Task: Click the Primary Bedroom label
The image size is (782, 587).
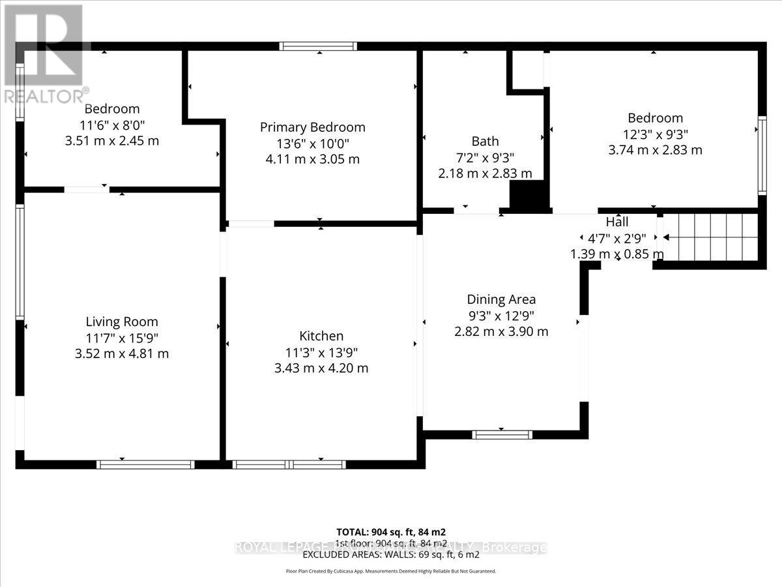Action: tap(312, 127)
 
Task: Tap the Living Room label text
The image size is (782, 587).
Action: tap(122, 322)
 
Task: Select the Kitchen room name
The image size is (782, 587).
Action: tap(321, 336)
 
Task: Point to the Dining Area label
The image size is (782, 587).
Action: tap(501, 299)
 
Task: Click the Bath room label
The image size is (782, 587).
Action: tap(485, 141)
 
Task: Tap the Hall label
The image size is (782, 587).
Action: tap(616, 222)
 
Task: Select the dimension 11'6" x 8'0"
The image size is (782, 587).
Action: tap(112, 125)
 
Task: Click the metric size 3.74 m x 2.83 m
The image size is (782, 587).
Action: tap(655, 149)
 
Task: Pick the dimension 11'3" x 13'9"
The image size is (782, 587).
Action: tap(321, 352)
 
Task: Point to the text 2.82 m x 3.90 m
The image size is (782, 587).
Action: tap(501, 331)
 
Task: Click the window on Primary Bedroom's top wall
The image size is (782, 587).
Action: tap(318, 46)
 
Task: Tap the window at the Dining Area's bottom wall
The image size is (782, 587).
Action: tap(502, 434)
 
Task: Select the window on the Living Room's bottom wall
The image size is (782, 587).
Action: tap(145, 464)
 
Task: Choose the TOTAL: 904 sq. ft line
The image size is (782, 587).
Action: tap(390, 532)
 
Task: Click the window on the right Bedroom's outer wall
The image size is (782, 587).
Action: tap(762, 155)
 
